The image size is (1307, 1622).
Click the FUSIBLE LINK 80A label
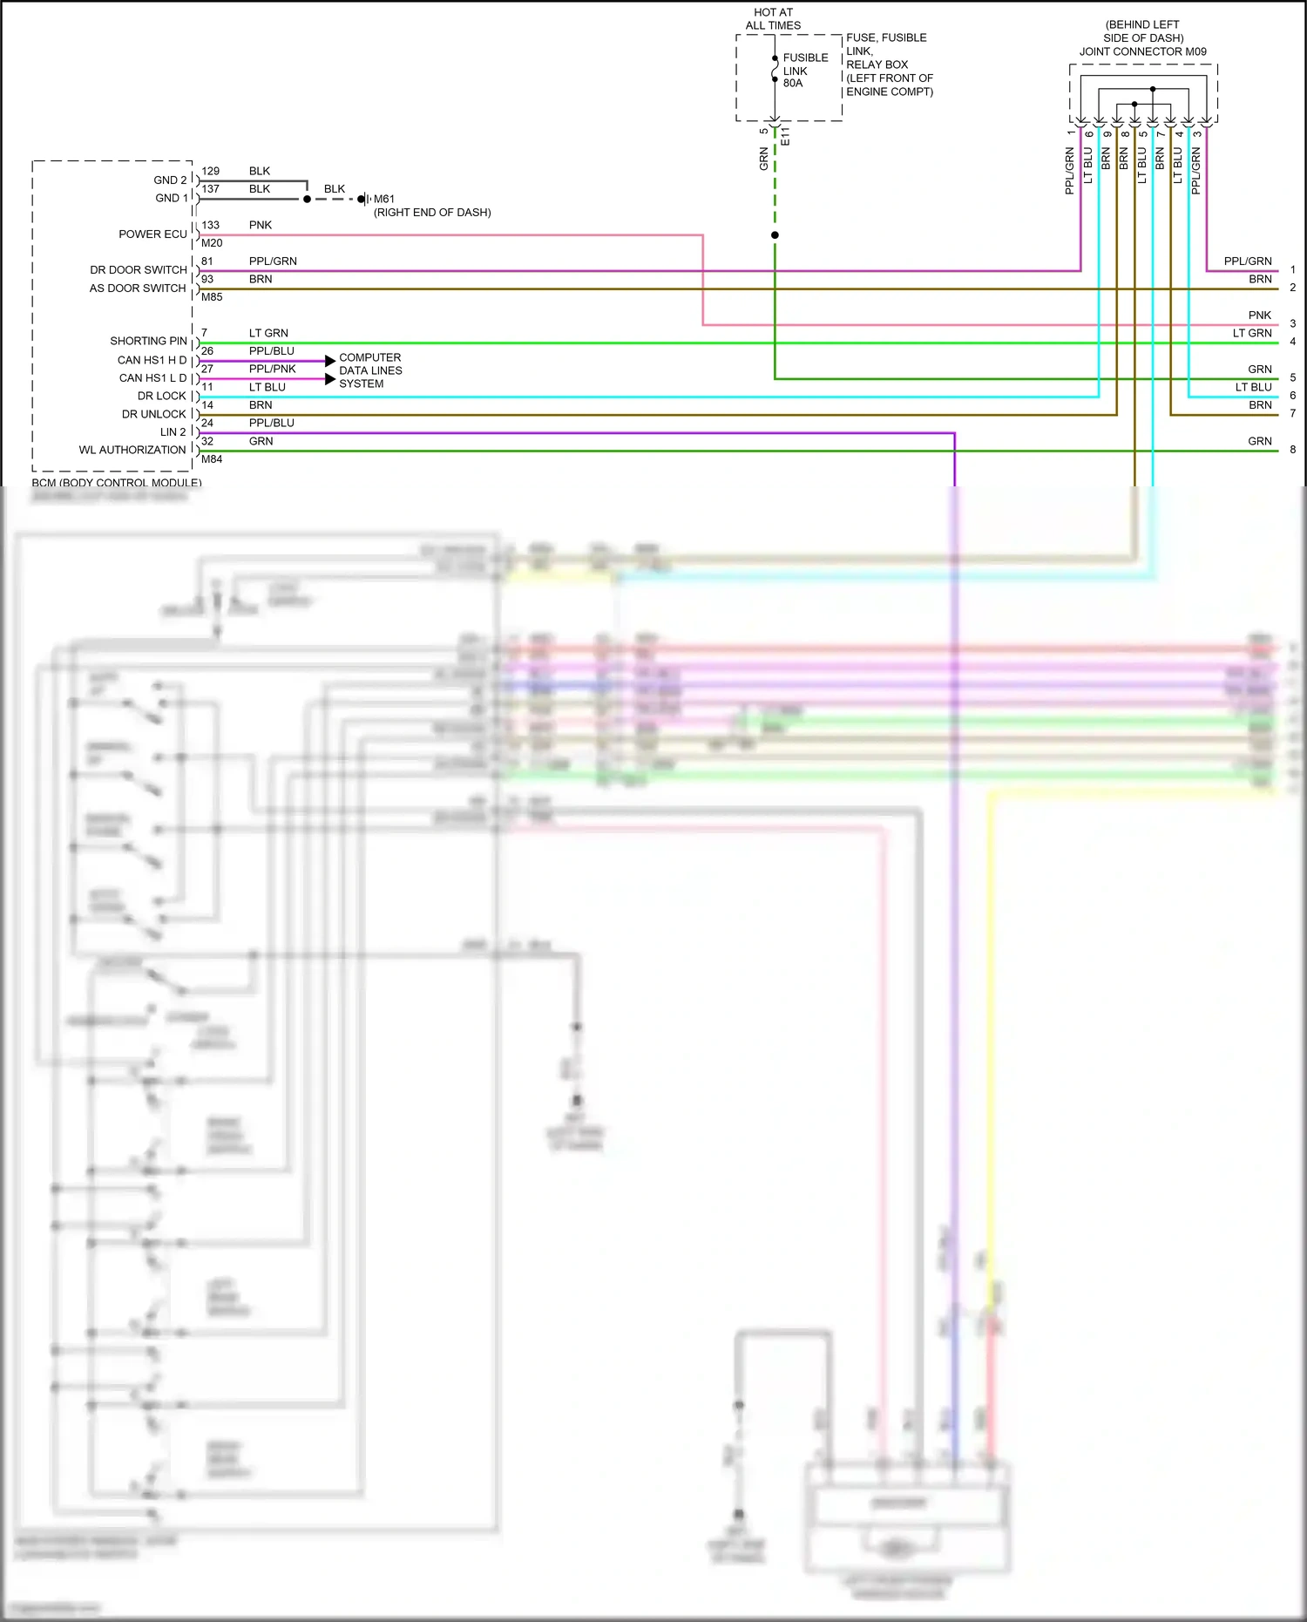[x=804, y=71]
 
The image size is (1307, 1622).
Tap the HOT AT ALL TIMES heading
[x=773, y=19]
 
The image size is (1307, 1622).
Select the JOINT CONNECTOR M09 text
[x=1142, y=51]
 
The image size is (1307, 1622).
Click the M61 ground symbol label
[x=383, y=199]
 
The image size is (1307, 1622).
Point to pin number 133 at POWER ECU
[x=210, y=225]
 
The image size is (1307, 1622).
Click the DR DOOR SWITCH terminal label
[x=138, y=270]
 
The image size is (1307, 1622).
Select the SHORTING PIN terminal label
[x=148, y=341]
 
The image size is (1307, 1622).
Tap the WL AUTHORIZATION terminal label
[x=132, y=450]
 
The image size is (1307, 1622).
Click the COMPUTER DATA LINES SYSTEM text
[x=370, y=370]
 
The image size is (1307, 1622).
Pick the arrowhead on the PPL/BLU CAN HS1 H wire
[x=330, y=361]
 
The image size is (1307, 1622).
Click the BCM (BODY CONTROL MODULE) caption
[x=117, y=482]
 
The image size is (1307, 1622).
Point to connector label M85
[x=212, y=297]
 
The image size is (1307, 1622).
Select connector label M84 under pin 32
[x=212, y=459]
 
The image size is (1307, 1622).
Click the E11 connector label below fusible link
[x=785, y=136]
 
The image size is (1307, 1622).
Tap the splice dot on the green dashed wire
[x=775, y=235]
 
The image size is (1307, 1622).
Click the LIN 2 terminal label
[x=173, y=432]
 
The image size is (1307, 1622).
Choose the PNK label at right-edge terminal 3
[x=1259, y=316]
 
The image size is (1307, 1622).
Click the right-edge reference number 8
[x=1292, y=450]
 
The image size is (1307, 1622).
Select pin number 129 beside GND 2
[x=210, y=171]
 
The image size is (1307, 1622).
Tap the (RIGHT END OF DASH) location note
[x=432, y=213]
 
